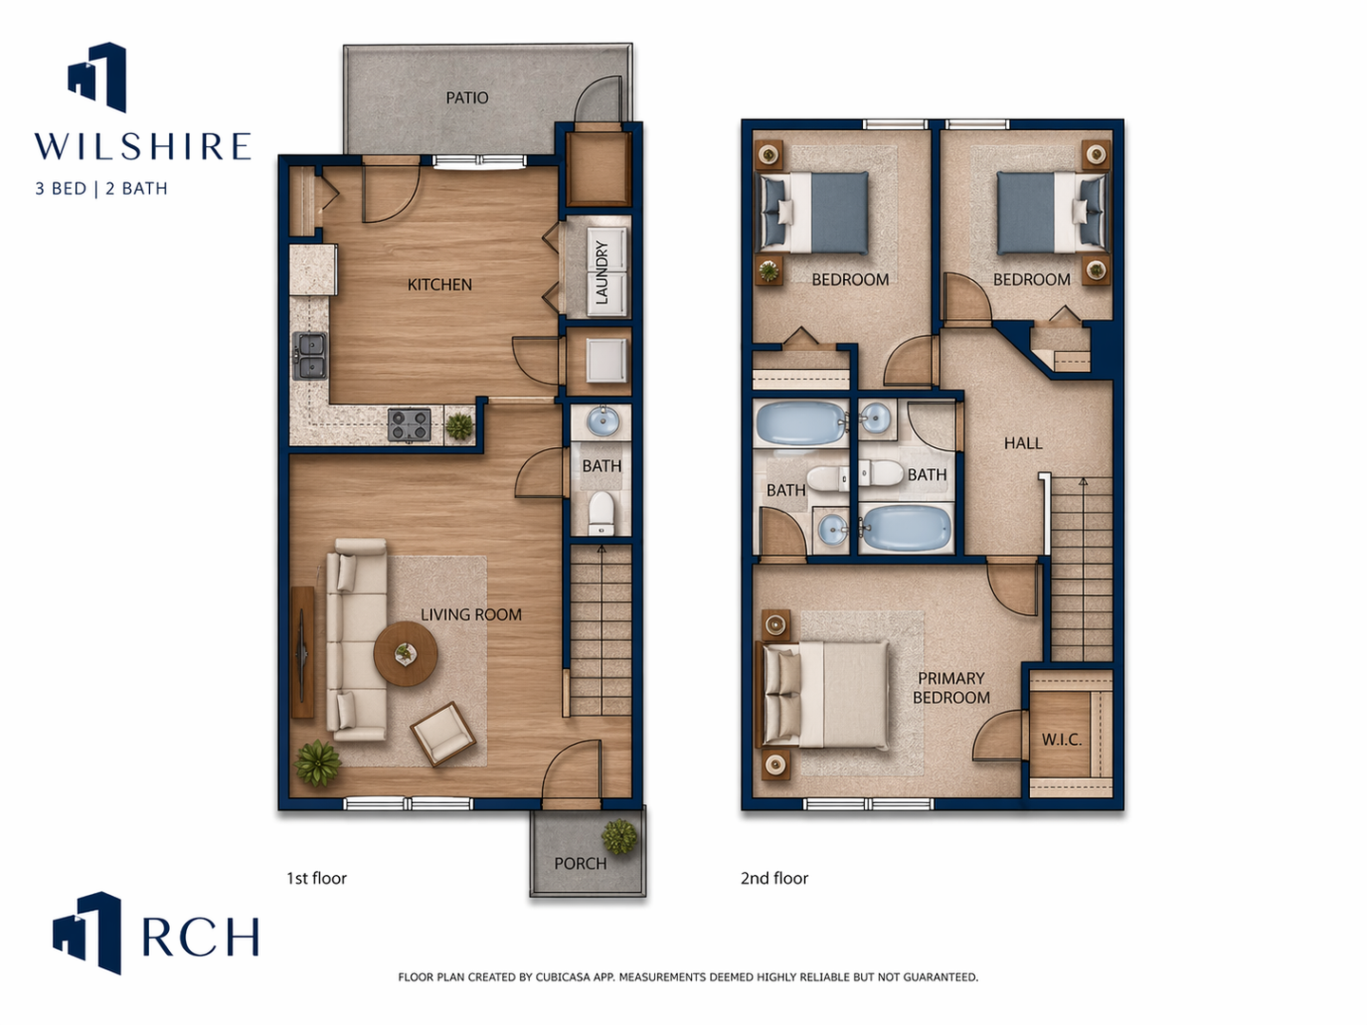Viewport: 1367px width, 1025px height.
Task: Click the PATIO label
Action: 467,98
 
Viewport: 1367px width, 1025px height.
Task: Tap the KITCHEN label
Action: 440,285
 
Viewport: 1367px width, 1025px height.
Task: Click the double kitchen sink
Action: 309,356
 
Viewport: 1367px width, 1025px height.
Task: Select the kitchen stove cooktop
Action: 409,424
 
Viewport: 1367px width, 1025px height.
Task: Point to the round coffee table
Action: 405,654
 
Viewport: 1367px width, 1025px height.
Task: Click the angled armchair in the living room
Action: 442,734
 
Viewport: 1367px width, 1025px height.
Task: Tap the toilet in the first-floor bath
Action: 602,512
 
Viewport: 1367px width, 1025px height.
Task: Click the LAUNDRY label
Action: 602,272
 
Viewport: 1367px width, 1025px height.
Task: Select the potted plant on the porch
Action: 620,836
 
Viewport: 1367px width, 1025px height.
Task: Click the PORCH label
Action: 580,864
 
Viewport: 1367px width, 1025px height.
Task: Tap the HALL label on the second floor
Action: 1023,443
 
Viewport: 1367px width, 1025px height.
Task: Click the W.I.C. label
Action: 1062,740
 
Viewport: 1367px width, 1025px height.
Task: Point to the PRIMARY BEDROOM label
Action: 951,688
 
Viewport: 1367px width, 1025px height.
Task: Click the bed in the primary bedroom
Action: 822,694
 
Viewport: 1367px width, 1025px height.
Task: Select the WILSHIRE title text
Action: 142,146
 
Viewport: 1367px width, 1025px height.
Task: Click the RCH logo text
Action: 200,937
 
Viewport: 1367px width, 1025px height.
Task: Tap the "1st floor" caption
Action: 316,878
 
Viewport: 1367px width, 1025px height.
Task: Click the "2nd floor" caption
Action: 774,878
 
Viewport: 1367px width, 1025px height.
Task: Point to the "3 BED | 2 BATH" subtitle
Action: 102,189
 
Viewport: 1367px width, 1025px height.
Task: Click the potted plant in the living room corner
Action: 318,763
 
